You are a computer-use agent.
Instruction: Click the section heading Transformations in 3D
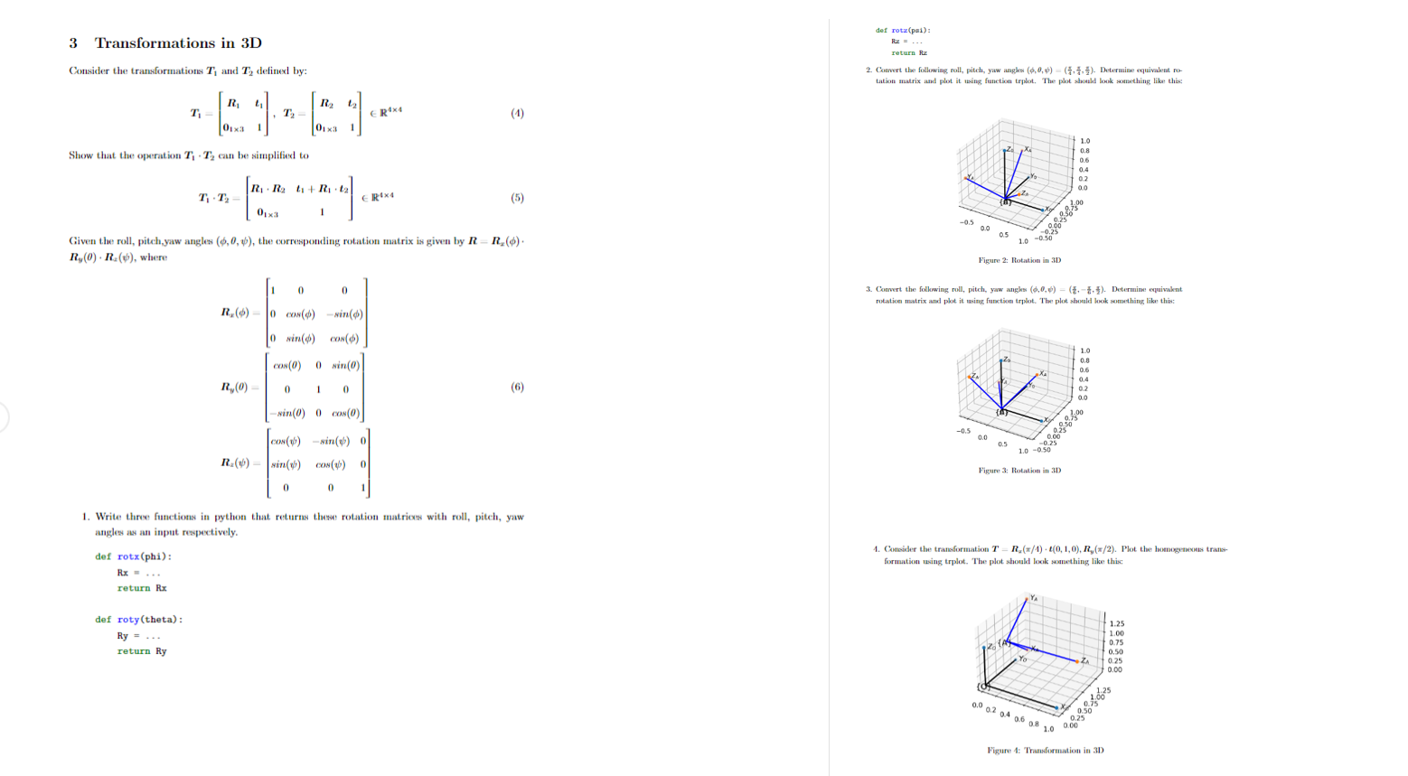point(178,43)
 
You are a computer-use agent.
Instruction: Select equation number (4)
point(517,113)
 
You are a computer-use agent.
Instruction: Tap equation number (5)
point(517,198)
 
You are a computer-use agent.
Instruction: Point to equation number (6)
point(517,387)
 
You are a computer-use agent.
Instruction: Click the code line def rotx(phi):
point(133,556)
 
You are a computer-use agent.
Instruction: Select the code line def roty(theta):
point(138,620)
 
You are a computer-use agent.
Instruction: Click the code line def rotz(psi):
point(903,30)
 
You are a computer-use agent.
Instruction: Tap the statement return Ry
point(141,651)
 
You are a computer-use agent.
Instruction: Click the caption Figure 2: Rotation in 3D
point(1019,260)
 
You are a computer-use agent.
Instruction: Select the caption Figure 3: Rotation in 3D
point(1019,471)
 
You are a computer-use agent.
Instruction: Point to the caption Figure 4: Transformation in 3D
point(1045,750)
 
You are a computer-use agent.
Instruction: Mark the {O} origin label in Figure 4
point(984,687)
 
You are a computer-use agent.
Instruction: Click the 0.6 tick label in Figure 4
point(1018,719)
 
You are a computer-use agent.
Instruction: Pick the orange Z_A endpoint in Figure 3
point(974,377)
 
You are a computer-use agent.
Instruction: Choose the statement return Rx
point(141,588)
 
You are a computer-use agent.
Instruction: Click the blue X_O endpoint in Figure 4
point(1056,706)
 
